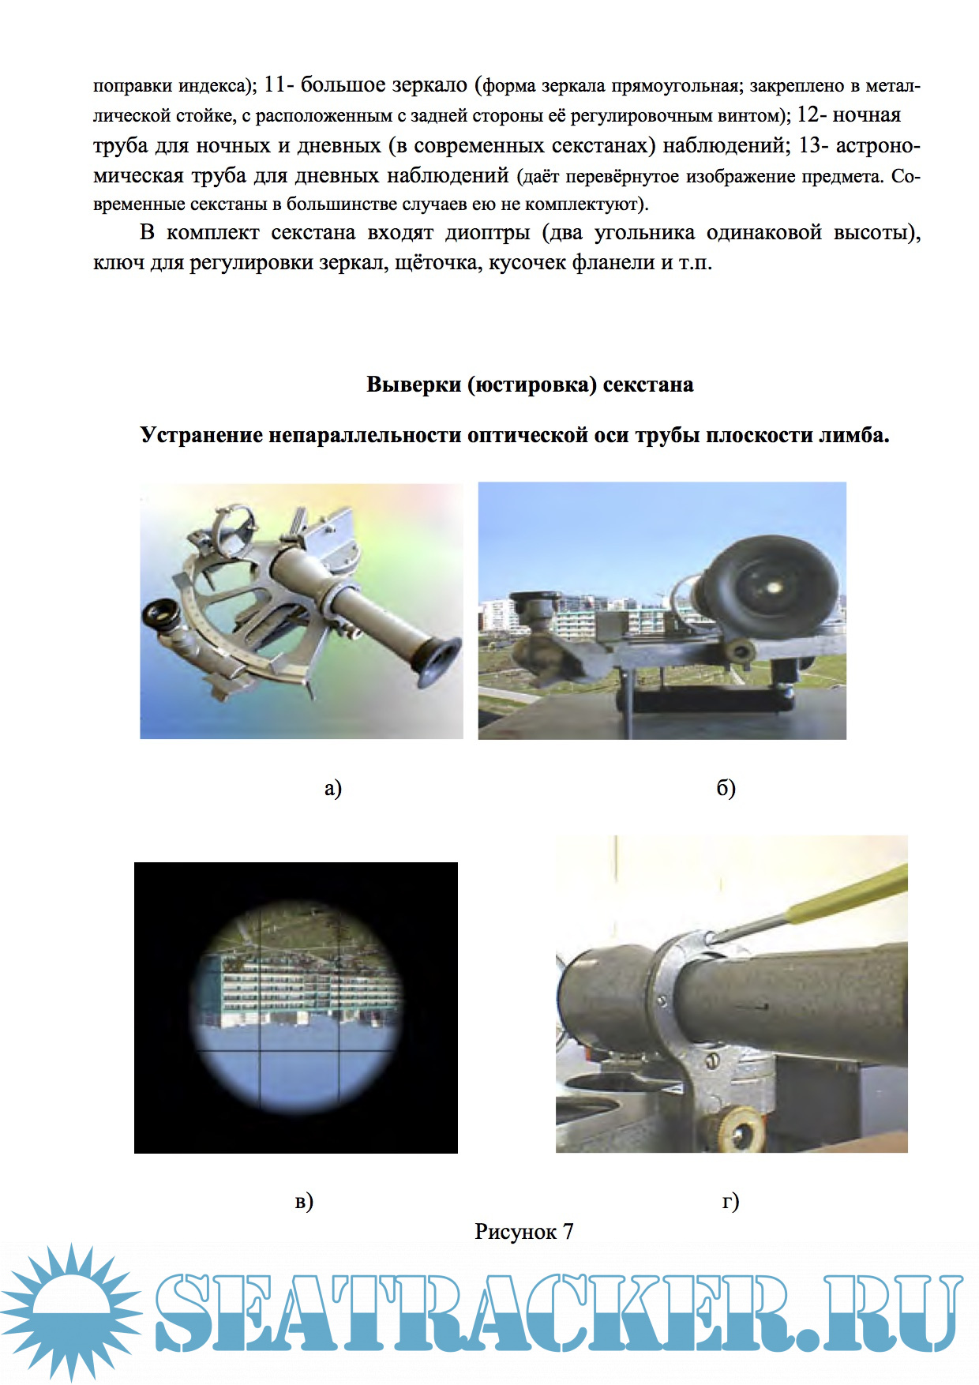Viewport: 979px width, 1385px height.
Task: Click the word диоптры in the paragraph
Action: pos(487,234)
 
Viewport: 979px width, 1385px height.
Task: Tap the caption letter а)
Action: pos(333,787)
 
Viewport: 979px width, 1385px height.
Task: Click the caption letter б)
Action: pos(726,787)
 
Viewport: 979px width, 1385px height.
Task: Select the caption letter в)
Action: pos(304,1201)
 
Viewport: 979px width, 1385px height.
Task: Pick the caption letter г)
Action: pos(730,1201)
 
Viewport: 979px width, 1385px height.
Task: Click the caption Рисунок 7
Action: pos(524,1231)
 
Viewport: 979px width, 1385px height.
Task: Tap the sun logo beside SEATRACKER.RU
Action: pos(72,1311)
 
